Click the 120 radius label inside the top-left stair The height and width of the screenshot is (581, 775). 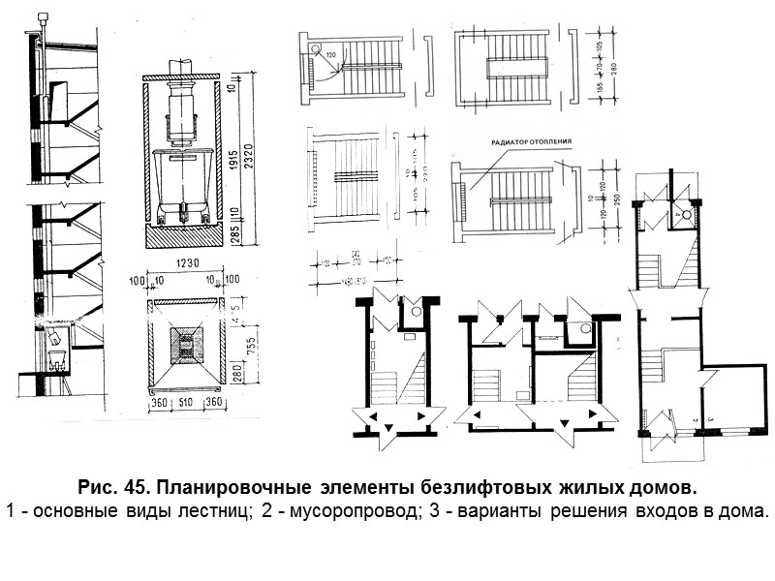[x=332, y=55]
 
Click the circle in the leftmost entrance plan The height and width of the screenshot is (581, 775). [x=415, y=313]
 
